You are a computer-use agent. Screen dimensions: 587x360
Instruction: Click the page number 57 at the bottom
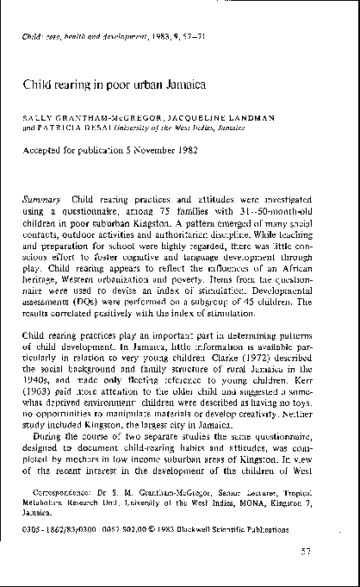(x=328, y=551)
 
